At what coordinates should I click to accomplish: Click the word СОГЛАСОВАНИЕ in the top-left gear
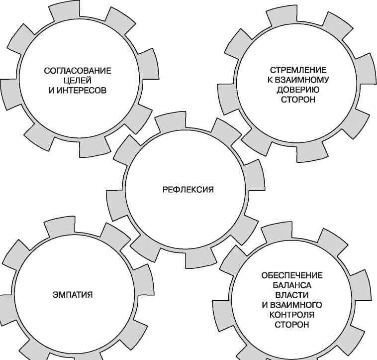coord(78,71)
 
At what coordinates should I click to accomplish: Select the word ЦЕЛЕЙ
coord(78,81)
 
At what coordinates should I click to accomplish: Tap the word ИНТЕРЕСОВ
coord(85,92)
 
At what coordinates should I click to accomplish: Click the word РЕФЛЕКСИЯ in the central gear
coord(188,189)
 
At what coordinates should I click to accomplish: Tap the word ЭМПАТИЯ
coord(73,294)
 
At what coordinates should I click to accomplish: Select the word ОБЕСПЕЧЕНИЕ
coord(292,275)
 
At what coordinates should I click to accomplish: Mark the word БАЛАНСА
coord(292,285)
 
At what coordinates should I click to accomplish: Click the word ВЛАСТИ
coord(292,295)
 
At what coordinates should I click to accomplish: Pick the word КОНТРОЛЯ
coord(292,314)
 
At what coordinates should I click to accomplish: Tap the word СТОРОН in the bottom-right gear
coord(292,324)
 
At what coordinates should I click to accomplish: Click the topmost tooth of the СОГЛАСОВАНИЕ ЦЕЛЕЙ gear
coord(59,10)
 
